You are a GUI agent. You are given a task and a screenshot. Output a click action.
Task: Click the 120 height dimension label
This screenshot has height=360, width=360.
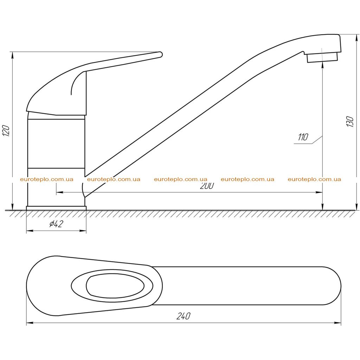coord(6,131)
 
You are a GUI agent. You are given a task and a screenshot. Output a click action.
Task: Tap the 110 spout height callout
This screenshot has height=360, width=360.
coord(303,137)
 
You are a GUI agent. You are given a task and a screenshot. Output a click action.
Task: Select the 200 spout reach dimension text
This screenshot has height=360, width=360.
coord(207,186)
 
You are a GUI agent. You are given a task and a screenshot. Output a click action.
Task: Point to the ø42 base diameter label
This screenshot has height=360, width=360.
coord(56,224)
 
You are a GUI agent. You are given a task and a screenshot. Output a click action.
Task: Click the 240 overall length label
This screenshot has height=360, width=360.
coord(183,316)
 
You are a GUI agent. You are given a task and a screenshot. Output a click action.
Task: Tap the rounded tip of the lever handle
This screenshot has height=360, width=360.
coord(160,54)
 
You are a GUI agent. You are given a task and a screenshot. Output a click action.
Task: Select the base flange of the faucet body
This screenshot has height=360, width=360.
coord(56,208)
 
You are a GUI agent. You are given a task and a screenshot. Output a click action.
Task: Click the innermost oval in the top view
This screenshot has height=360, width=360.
coord(115,286)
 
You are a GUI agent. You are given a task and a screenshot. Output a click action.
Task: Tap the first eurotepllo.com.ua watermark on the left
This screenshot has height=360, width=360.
coord(47,179)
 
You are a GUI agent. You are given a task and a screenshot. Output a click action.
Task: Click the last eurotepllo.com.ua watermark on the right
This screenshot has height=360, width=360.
coord(314,179)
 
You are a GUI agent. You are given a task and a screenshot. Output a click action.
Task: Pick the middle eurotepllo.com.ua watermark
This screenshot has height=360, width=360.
coord(181,179)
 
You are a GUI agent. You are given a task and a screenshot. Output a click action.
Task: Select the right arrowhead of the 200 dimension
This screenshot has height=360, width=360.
coord(319,192)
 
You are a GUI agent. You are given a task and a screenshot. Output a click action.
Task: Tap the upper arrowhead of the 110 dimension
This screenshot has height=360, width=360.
coord(323,66)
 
